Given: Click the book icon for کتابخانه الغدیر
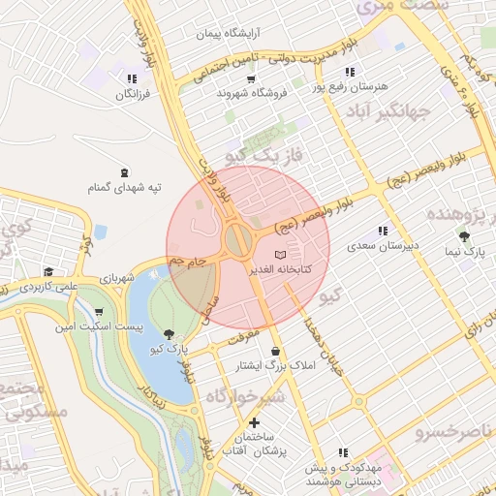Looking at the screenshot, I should (x=281, y=255).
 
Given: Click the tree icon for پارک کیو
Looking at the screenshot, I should (x=170, y=333).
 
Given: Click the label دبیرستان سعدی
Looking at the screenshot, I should (x=384, y=246).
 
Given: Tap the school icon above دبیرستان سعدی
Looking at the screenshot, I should (x=383, y=232).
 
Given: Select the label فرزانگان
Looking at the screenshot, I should (x=130, y=94).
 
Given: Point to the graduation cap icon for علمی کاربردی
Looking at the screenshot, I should (x=48, y=272).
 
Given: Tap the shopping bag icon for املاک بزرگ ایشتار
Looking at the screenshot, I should (x=277, y=351).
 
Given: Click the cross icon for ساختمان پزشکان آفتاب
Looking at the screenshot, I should (x=254, y=422).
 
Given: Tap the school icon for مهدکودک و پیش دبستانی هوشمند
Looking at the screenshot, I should (x=343, y=452).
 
